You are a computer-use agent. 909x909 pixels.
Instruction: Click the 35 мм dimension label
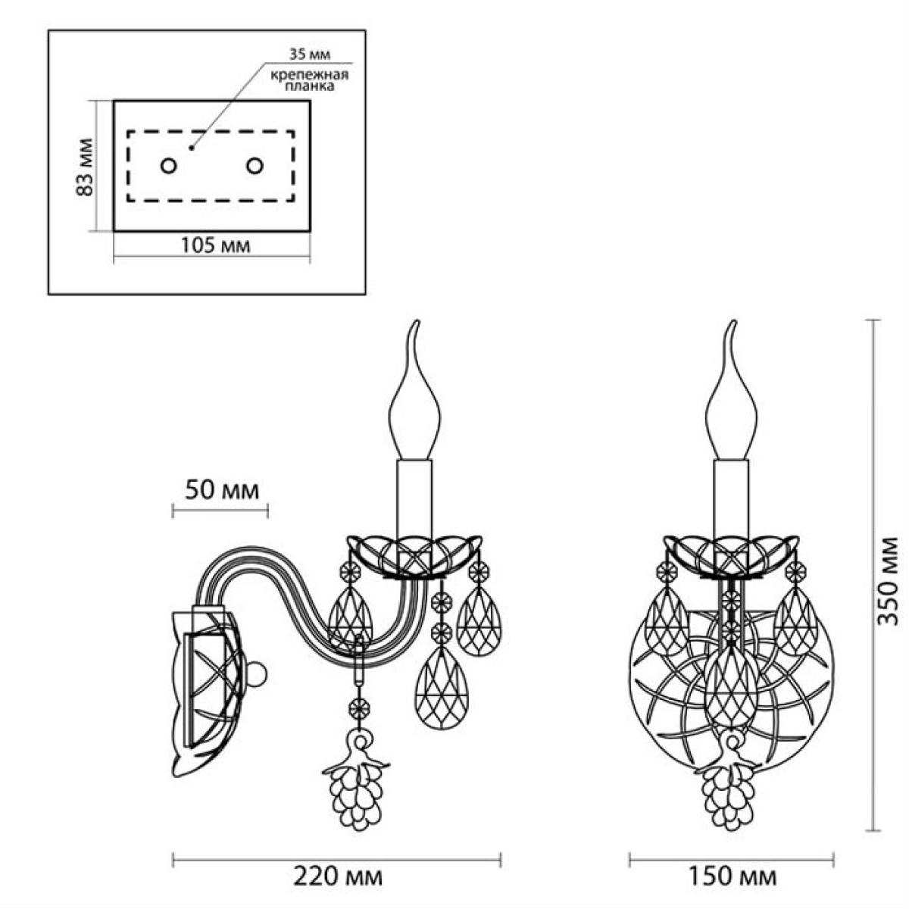click(310, 55)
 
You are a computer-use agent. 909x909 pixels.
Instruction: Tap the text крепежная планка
click(310, 80)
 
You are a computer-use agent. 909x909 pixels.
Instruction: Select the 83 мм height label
click(85, 167)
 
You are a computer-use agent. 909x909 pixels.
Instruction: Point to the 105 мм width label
click(216, 245)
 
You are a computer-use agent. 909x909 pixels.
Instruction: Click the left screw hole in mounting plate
click(168, 166)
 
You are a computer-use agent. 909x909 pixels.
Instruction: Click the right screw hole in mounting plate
click(255, 166)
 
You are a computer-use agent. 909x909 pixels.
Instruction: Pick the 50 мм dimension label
click(222, 491)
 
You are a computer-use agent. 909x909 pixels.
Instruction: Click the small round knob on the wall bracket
click(257, 675)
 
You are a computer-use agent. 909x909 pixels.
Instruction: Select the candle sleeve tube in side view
click(414, 500)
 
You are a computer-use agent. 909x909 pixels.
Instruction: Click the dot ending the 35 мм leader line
click(191, 148)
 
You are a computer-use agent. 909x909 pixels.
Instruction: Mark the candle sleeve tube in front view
click(731, 500)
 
